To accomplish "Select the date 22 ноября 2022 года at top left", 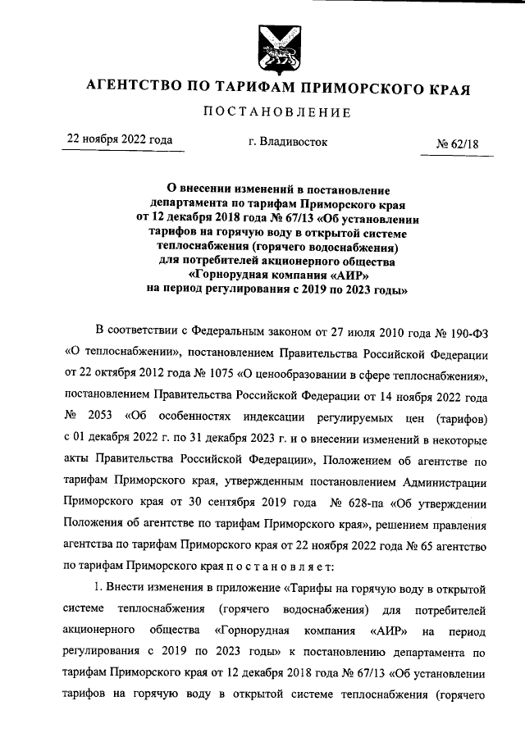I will tap(120, 140).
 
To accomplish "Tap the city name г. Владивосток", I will tap(287, 142).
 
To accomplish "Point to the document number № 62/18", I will tap(458, 145).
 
